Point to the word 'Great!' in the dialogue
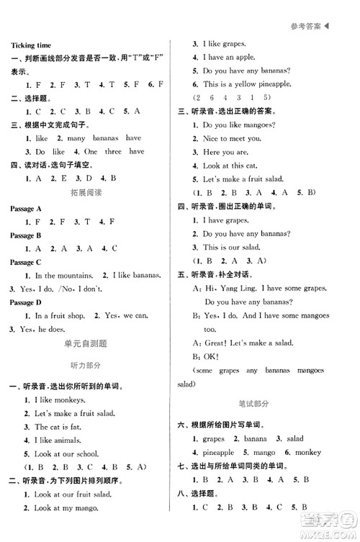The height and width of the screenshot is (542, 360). point(216,343)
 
